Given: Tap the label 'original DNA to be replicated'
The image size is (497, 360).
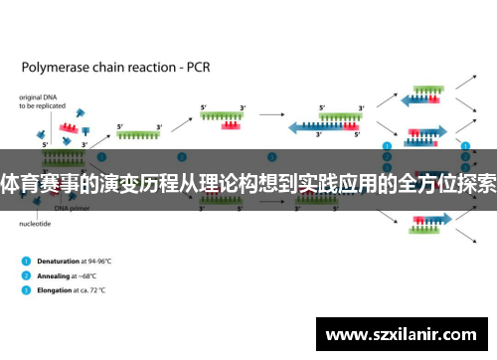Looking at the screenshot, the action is click(x=40, y=104).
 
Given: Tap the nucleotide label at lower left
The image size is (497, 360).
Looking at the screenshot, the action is click(x=36, y=224).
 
